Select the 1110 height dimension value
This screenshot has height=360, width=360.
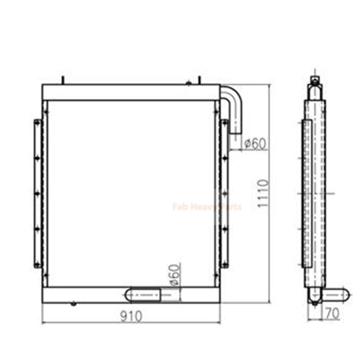263,193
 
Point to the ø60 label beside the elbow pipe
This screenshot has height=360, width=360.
255,144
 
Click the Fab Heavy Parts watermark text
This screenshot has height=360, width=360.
207,207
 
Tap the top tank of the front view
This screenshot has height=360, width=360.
131,92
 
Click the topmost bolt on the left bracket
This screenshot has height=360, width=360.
36,122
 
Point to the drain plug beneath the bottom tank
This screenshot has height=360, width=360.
72,304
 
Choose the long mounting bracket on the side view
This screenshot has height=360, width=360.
307,193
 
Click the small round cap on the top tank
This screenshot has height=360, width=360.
189,82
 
